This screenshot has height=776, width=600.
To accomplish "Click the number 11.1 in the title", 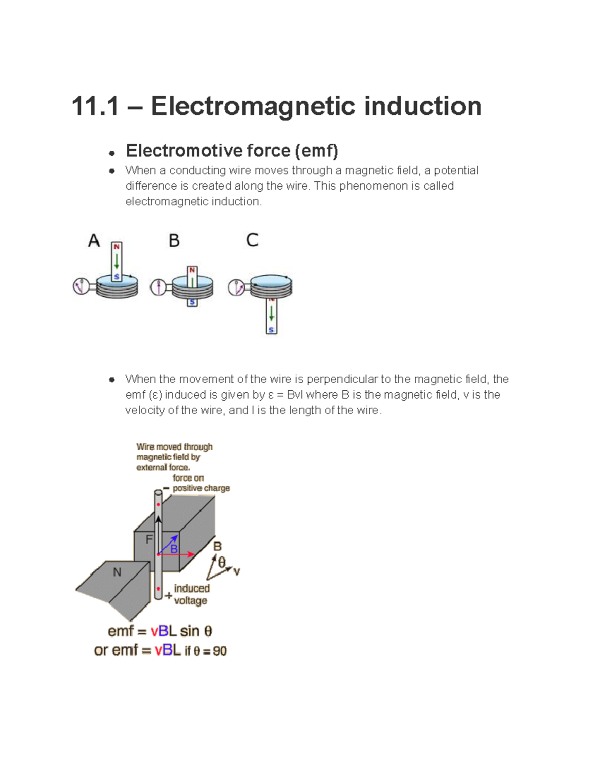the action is (x=95, y=106).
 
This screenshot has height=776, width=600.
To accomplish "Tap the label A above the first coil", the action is (x=94, y=240).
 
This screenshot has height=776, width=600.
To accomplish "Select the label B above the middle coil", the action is (x=174, y=240).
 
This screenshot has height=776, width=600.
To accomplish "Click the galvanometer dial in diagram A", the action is (x=81, y=286).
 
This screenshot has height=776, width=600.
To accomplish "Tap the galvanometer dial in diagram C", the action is (x=236, y=287).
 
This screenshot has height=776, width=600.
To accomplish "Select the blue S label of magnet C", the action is (x=271, y=330).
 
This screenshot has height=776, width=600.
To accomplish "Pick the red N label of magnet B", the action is (x=192, y=270).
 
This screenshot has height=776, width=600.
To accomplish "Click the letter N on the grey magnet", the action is (x=117, y=572).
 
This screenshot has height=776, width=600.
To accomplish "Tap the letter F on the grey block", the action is (x=149, y=539).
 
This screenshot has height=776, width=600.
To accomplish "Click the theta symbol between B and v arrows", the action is (x=221, y=563).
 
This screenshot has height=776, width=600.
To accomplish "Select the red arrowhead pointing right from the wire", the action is (x=191, y=554).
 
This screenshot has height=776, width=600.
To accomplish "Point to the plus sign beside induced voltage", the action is (x=168, y=595).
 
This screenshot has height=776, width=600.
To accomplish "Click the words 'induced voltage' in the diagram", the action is (x=191, y=594).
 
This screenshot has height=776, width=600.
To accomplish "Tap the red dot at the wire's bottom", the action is (x=158, y=589).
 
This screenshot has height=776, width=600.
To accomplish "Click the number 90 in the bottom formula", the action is (x=219, y=651).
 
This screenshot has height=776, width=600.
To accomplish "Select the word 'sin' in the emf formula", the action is (x=189, y=632).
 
